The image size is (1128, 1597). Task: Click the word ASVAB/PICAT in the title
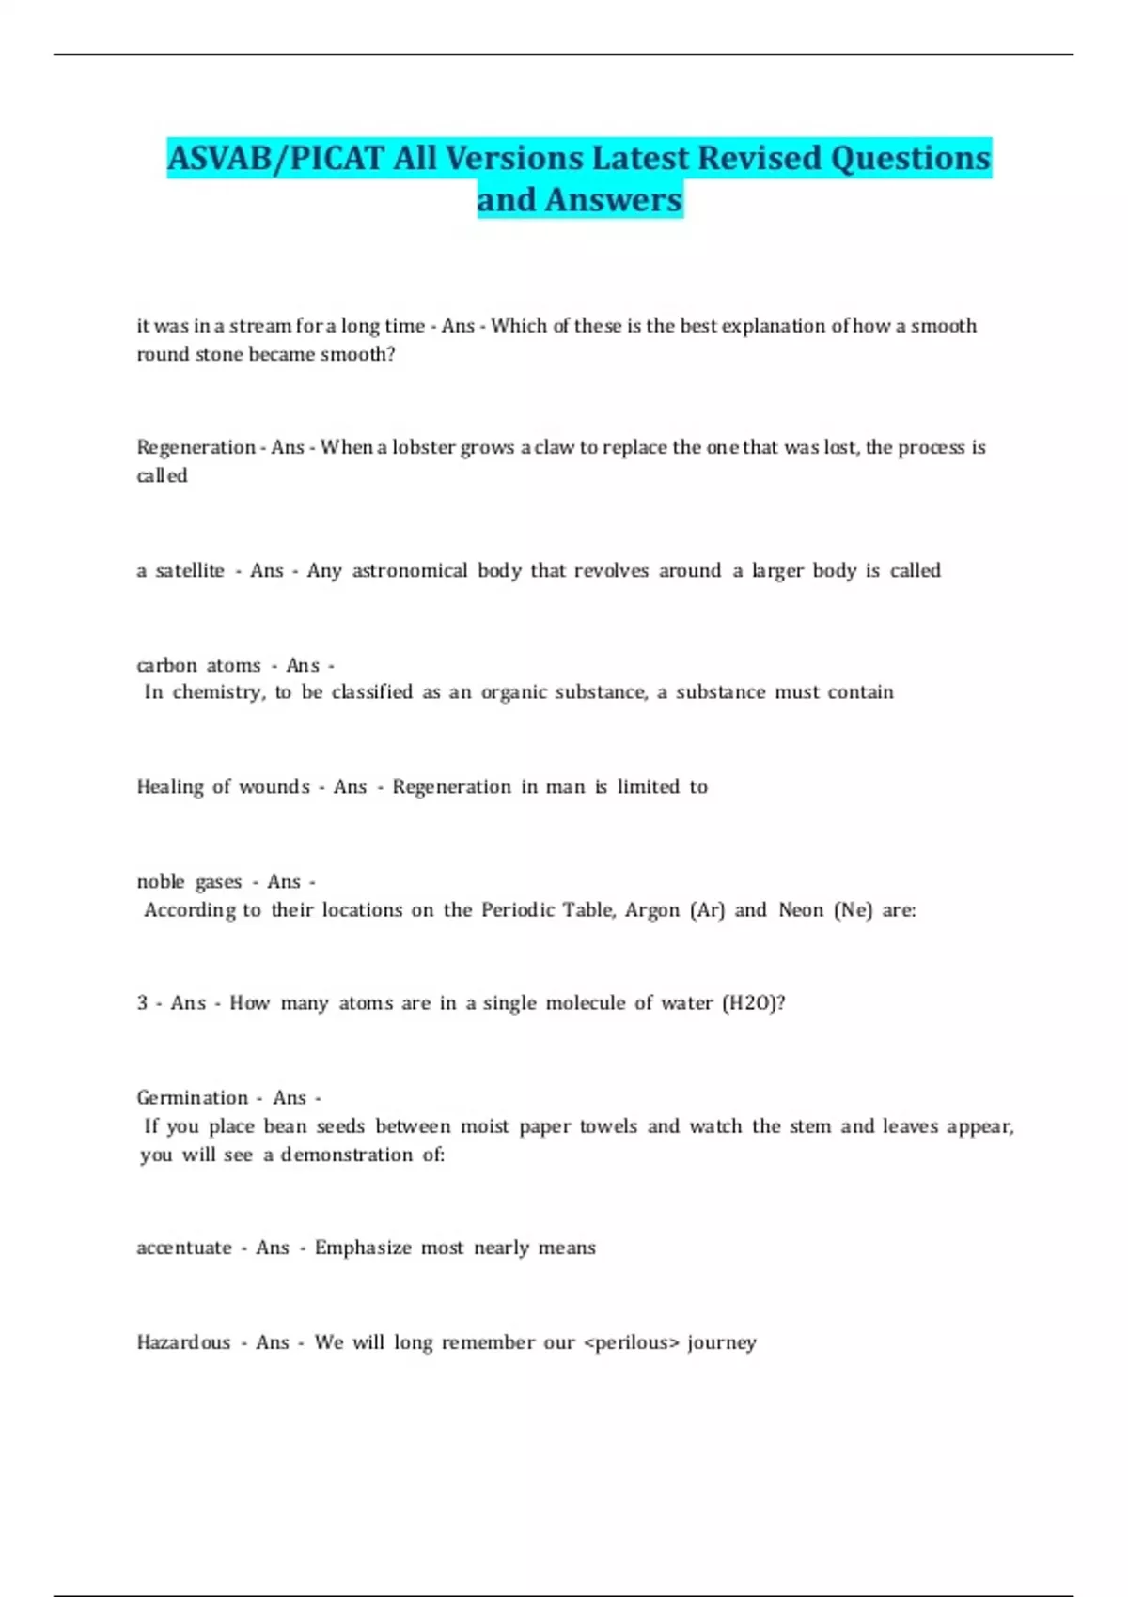(276, 158)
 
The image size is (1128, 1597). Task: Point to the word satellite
(190, 570)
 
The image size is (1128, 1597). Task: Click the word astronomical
(409, 570)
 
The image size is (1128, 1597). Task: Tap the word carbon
(165, 665)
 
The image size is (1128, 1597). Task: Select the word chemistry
(219, 692)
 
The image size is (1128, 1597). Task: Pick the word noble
(160, 881)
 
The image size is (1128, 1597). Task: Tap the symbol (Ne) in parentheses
(853, 909)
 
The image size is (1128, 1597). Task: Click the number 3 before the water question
(142, 1002)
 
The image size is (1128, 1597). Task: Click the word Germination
(192, 1097)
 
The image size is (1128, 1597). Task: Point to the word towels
(608, 1125)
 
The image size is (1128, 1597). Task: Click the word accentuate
(184, 1248)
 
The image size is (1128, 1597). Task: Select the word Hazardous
(183, 1342)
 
